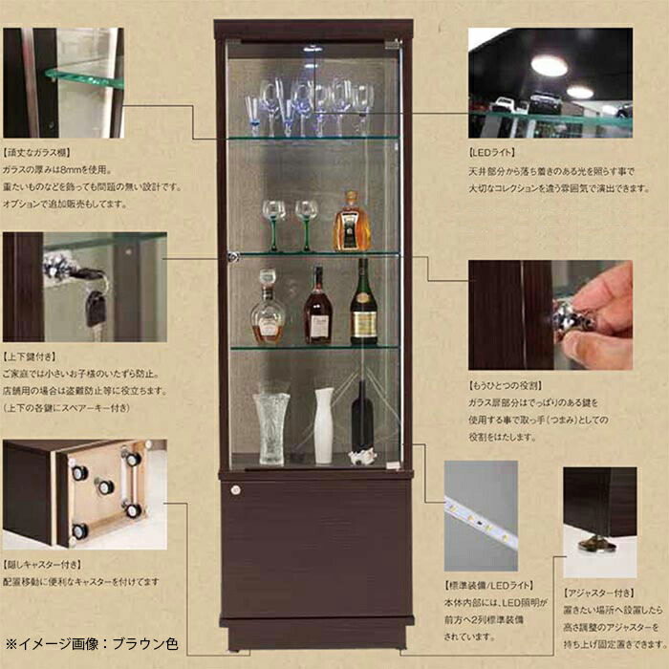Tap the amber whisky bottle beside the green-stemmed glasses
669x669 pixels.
point(351,224)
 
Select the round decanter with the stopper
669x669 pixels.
point(268,313)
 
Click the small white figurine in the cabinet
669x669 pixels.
point(362,457)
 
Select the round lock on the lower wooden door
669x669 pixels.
point(236,490)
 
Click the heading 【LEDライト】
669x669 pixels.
point(494,152)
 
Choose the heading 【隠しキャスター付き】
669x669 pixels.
point(42,564)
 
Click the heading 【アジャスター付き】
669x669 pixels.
point(599,592)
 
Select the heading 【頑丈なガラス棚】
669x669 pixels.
point(37,152)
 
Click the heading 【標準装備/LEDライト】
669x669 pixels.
point(487,585)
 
